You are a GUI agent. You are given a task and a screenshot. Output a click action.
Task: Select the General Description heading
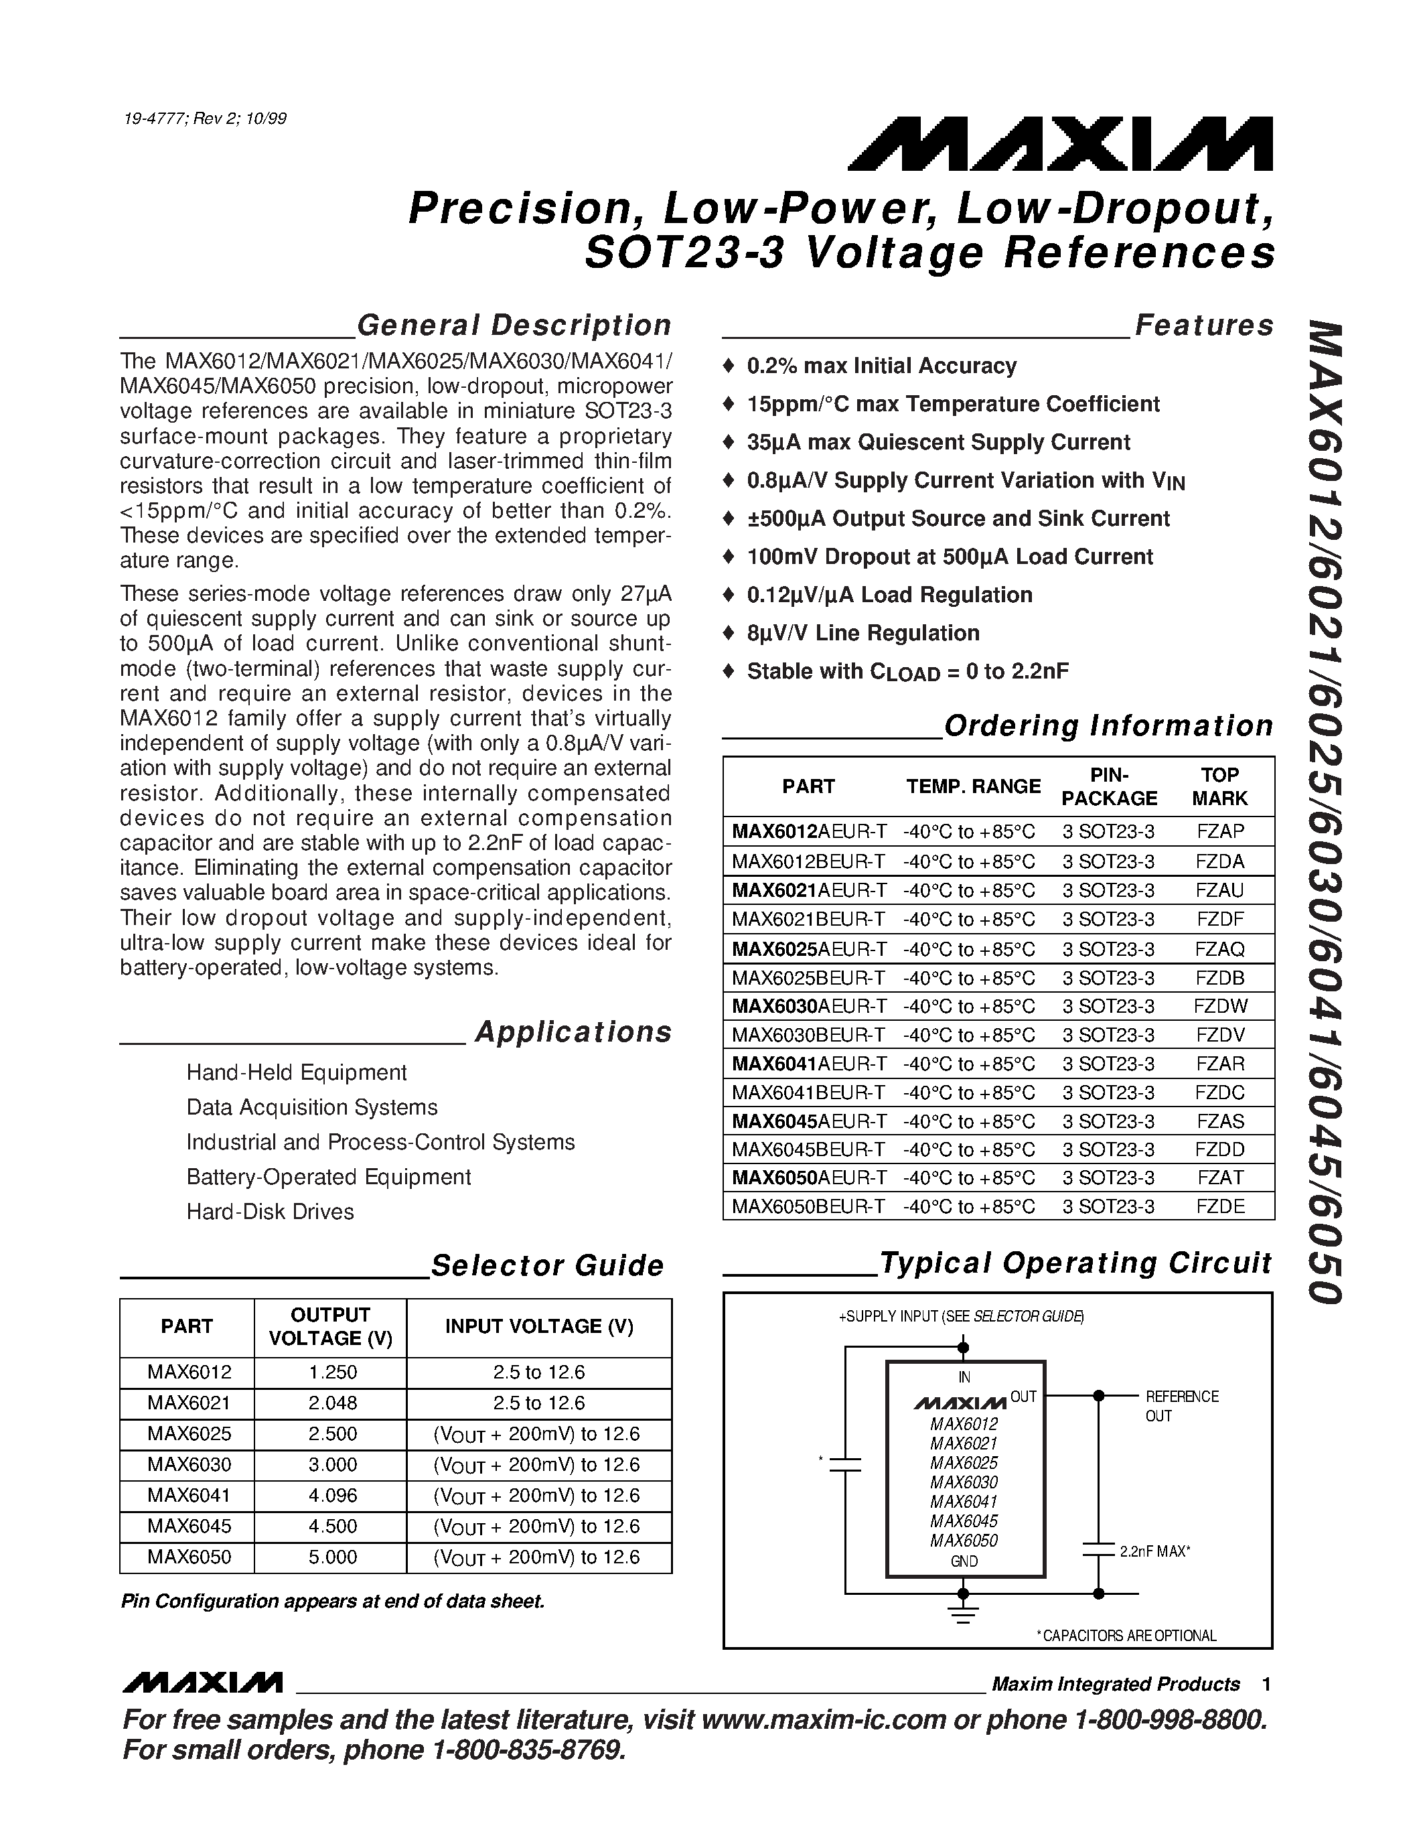click(x=514, y=326)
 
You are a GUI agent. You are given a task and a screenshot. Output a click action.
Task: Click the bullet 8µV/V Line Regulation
click(x=863, y=634)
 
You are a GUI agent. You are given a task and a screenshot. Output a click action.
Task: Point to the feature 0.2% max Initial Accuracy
click(x=881, y=366)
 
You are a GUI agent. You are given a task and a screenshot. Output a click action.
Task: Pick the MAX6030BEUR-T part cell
click(x=808, y=1035)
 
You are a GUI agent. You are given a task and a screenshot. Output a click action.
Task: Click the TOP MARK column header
click(x=1219, y=786)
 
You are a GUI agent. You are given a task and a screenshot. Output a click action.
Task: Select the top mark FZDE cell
click(x=1219, y=1206)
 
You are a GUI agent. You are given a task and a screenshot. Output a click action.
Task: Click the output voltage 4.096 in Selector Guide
click(x=332, y=1495)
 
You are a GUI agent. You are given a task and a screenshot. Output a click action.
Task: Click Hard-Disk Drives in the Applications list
click(x=270, y=1212)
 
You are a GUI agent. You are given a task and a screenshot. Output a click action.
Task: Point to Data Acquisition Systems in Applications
click(x=312, y=1107)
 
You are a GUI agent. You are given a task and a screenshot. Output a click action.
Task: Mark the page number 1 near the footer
click(x=1266, y=1685)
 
